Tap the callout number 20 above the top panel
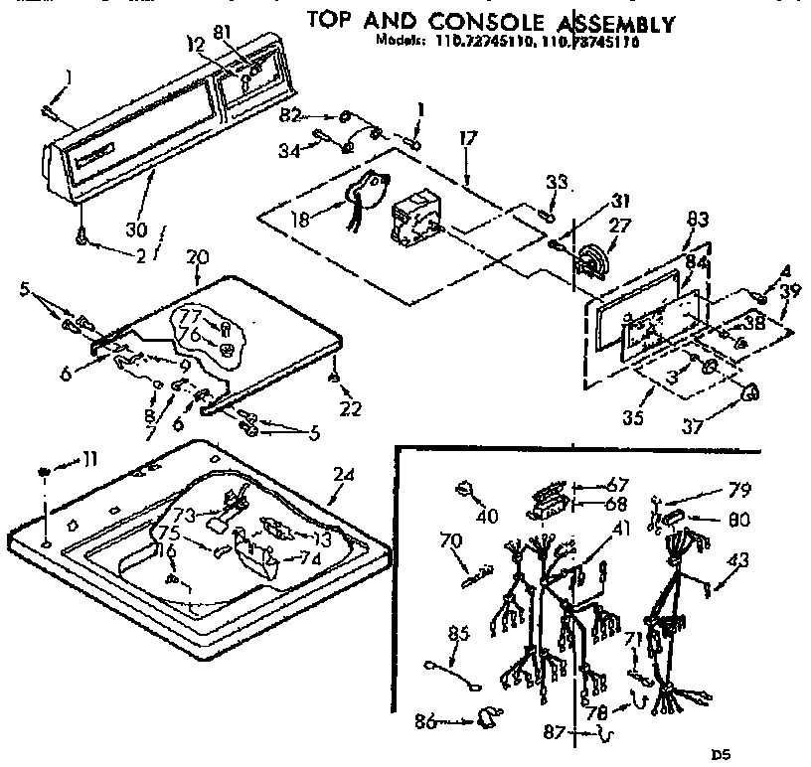[x=197, y=257]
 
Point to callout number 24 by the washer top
[x=342, y=475]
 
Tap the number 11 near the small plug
[x=89, y=459]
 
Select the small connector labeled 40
[x=465, y=488]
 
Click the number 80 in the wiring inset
[x=738, y=519]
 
